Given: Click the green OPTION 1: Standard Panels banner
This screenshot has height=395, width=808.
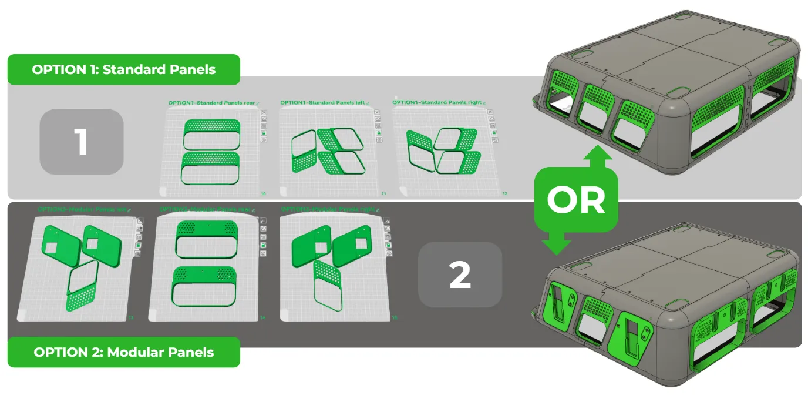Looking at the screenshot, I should tap(123, 69).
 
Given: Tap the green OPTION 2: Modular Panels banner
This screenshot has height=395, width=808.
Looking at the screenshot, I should tap(123, 352).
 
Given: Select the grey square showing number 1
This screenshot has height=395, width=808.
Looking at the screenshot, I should tap(81, 142).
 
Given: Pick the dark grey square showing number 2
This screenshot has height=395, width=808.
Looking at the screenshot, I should tap(460, 275).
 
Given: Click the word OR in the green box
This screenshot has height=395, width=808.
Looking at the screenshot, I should tap(575, 200).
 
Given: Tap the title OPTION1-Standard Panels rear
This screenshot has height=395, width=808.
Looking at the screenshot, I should tap(211, 103).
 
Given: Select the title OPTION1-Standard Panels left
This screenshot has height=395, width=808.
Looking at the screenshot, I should tap(322, 103).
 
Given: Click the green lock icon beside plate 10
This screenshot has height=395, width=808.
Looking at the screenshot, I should tap(264, 133).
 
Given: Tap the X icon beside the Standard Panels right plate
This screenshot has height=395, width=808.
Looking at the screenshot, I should tap(494, 112).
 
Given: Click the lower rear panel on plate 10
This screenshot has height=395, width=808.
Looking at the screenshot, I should tap(211, 168).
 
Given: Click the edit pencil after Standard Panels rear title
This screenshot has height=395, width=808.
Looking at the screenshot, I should tap(258, 103).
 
